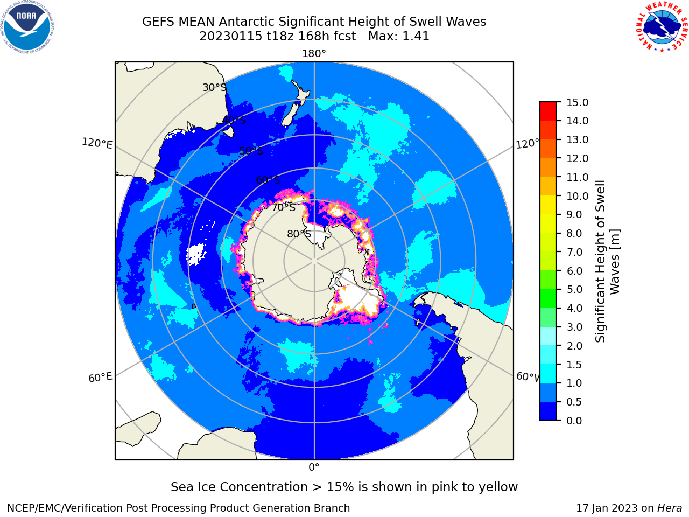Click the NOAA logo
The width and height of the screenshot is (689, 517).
(27, 27)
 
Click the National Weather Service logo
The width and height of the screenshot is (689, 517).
(662, 26)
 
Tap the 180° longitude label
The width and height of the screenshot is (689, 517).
(314, 54)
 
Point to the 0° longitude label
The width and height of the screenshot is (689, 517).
(314, 467)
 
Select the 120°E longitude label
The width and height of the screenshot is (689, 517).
(97, 143)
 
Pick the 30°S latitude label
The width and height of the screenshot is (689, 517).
(214, 87)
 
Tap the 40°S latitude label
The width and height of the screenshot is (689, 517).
(234, 120)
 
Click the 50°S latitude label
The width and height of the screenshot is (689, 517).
(251, 151)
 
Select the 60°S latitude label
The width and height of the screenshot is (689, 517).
(268, 180)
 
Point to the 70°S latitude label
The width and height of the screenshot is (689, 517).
(284, 208)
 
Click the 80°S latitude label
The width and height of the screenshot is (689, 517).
(299, 234)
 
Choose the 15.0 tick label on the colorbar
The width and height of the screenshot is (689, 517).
(577, 102)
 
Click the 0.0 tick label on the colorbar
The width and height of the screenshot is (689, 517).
(574, 421)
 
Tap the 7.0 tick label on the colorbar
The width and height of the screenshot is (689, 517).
(574, 252)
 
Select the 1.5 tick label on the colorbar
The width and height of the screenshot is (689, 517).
(574, 365)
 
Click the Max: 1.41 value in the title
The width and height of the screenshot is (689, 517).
(399, 36)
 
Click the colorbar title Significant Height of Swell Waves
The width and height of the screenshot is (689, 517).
(607, 261)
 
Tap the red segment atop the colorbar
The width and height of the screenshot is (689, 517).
(548, 111)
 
